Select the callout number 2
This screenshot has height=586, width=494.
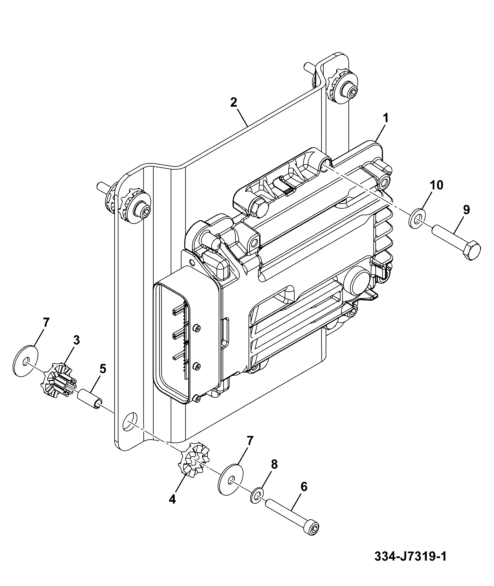coord(234,102)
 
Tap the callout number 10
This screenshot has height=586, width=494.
coord(436,185)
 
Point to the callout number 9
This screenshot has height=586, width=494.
coord(466,210)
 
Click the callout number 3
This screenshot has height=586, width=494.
coord(76,340)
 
